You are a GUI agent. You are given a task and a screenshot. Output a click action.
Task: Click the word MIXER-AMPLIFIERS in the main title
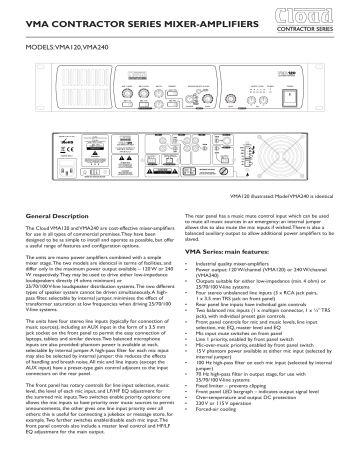(x=200, y=21)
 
